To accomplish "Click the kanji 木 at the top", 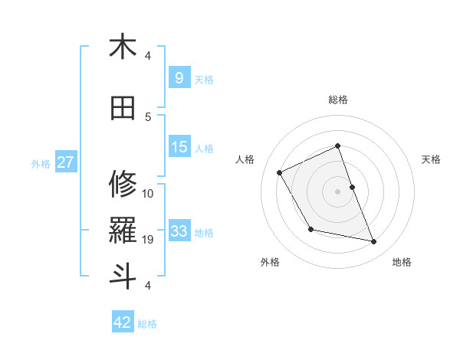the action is pos(123,47).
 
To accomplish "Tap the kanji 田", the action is pos(123,110).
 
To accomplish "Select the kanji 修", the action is pos(123,184).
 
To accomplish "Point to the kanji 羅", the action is pos(123,230).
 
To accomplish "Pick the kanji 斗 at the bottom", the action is pos(123,276).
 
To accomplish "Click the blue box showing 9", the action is pos(179,77).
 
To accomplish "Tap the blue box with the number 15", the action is pos(179,147).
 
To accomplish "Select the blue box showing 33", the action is pos(179,231).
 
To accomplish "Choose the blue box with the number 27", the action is pos(65,162).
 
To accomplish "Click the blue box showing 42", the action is pos(123,322).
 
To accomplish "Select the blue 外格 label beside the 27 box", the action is pos(41,163).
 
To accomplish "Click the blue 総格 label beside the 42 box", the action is pos(147,324).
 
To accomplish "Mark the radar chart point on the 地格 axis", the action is pos(374,242).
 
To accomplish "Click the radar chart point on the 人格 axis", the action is pos(280,172).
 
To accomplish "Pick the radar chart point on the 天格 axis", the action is pos(352,187).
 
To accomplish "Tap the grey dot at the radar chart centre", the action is pos(337,191).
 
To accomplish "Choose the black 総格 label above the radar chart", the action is pos(337,100).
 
